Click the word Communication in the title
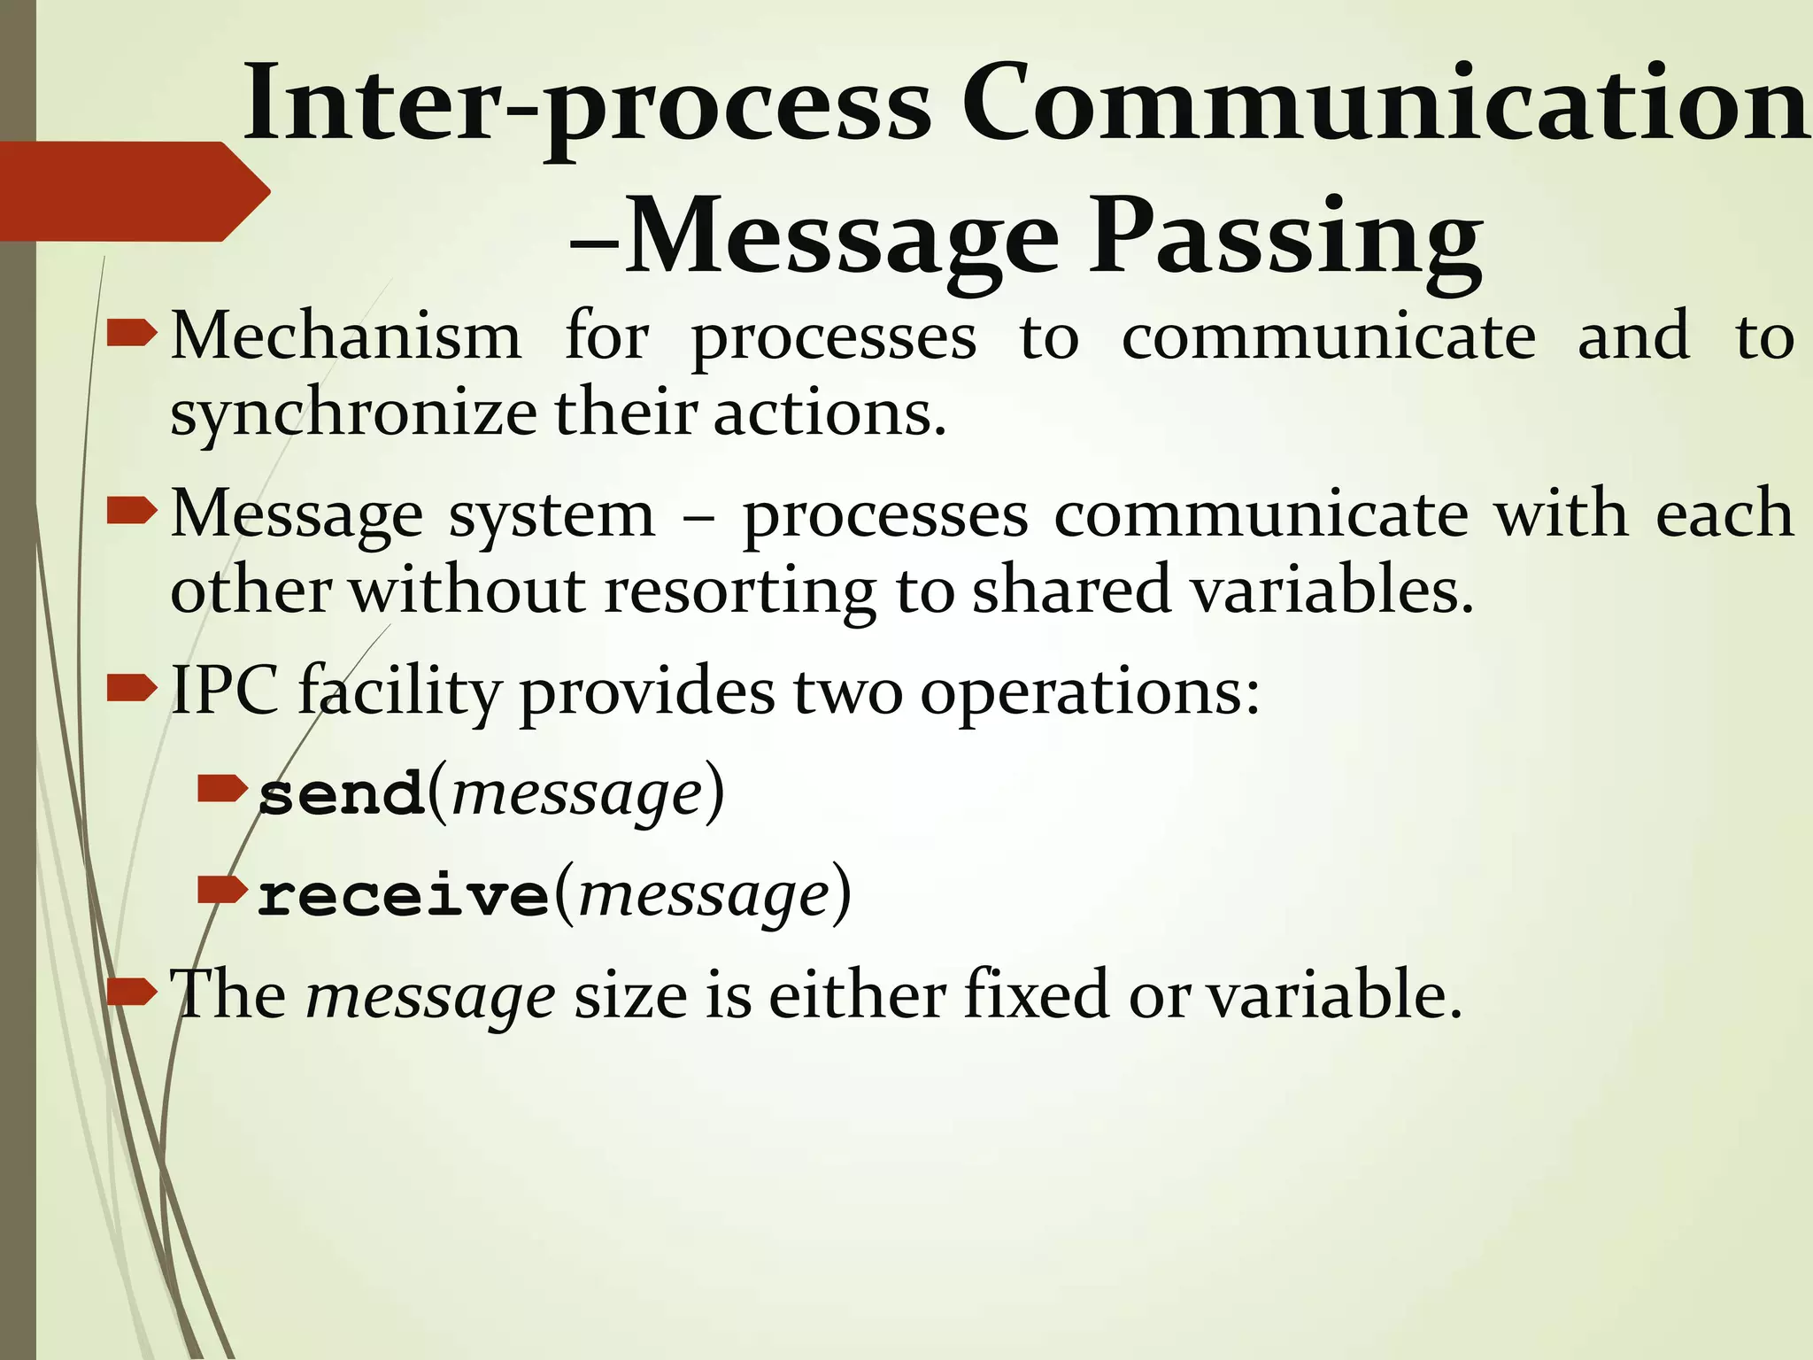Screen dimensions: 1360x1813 point(1385,104)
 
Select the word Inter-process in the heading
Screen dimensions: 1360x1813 point(588,104)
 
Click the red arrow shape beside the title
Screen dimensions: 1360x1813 point(133,191)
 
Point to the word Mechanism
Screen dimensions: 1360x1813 point(345,336)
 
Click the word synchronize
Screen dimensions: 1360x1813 point(353,413)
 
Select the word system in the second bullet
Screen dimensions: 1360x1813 point(552,514)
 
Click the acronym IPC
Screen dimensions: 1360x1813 point(224,691)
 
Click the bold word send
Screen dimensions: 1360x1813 point(342,794)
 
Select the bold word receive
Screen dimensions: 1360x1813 point(404,895)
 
